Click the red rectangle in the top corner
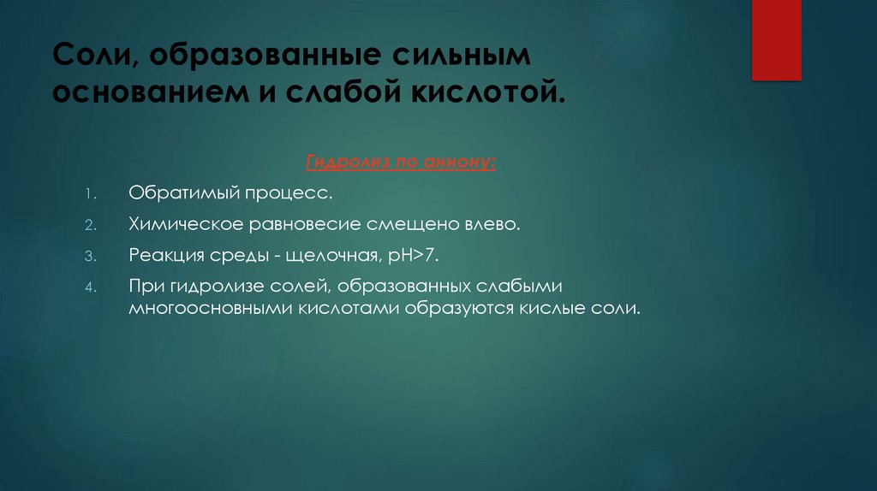776,39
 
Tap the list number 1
91,194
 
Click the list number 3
91,257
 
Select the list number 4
91,287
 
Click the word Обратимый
182,193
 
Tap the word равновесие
316,225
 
